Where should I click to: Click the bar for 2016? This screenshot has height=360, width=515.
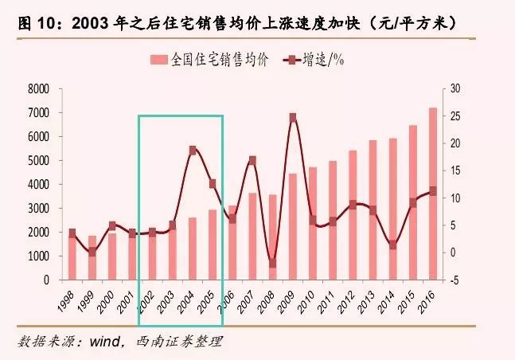tap(433, 194)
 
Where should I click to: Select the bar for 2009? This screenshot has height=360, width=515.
tap(292, 227)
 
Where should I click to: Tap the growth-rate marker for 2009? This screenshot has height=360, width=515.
tap(293, 117)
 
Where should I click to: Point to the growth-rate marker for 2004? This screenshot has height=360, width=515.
tap(193, 150)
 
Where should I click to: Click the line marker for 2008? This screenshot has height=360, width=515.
tap(272, 263)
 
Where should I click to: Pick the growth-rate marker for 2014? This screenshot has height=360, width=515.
tap(393, 245)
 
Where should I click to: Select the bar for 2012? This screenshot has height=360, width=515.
tap(353, 215)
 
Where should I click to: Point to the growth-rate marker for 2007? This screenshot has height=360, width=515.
tap(252, 160)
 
